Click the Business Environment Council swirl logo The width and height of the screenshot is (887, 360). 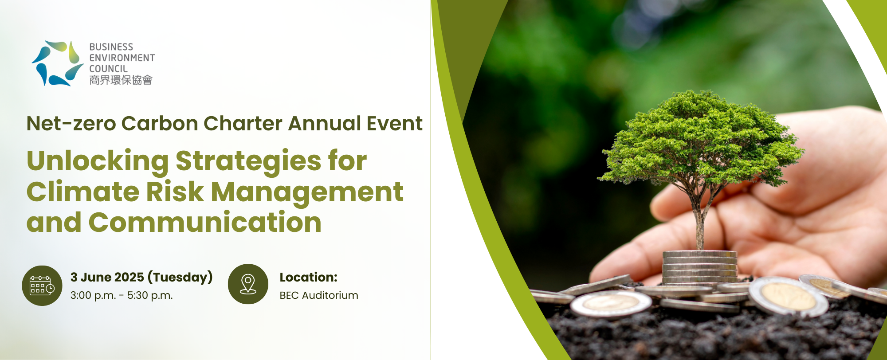click(x=58, y=63)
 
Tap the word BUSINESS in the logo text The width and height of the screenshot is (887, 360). click(x=111, y=47)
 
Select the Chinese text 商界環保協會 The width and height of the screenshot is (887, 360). click(x=121, y=80)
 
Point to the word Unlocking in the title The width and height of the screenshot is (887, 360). click(x=98, y=161)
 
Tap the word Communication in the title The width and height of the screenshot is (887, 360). click(x=205, y=223)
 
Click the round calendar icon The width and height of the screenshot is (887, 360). click(x=42, y=286)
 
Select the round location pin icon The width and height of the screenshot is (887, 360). click(x=248, y=284)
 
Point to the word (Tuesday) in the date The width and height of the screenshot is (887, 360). click(x=180, y=278)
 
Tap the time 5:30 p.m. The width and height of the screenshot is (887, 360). click(x=150, y=296)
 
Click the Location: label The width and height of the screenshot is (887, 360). click(x=309, y=278)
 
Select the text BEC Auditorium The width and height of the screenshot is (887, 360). click(x=319, y=296)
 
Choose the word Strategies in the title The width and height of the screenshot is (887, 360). click(x=248, y=161)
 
